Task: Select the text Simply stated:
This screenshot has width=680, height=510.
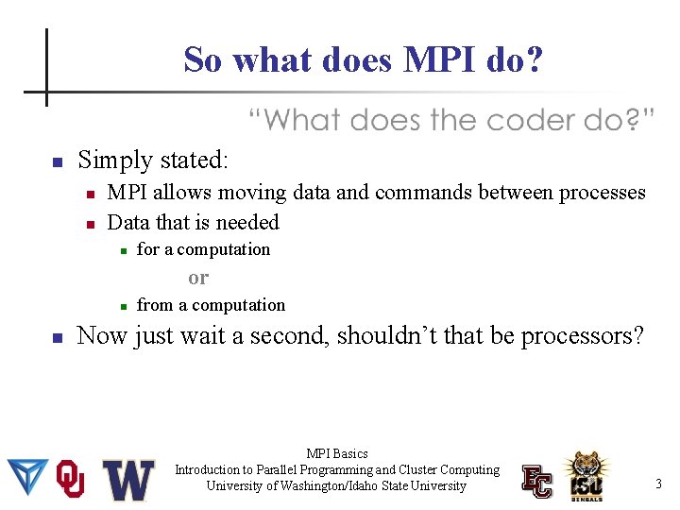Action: tap(152, 160)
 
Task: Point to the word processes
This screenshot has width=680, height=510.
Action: tap(602, 193)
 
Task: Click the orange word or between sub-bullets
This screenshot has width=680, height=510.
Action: tap(198, 278)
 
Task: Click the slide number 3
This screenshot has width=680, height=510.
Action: tap(658, 484)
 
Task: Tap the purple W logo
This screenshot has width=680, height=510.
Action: tap(128, 480)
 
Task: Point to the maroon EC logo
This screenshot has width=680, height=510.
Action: tap(537, 480)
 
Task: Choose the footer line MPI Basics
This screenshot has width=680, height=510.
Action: tap(337, 454)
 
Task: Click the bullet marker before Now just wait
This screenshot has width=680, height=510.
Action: tap(58, 337)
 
